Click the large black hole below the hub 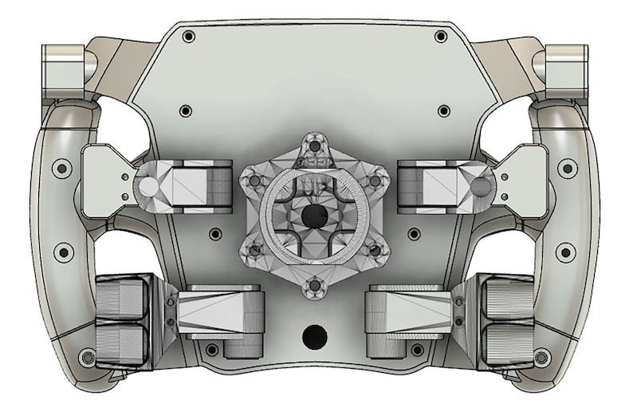(x=315, y=335)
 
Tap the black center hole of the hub (x=313, y=215)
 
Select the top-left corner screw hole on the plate (x=188, y=37)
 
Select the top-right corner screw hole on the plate (x=441, y=37)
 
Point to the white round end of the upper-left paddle (x=147, y=187)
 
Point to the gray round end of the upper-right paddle (x=481, y=187)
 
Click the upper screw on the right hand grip (x=567, y=168)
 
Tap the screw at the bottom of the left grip (x=88, y=356)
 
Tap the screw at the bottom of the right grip (x=542, y=356)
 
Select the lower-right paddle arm (x=410, y=311)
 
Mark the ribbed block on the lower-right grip (x=505, y=319)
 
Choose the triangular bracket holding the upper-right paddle (x=523, y=180)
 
